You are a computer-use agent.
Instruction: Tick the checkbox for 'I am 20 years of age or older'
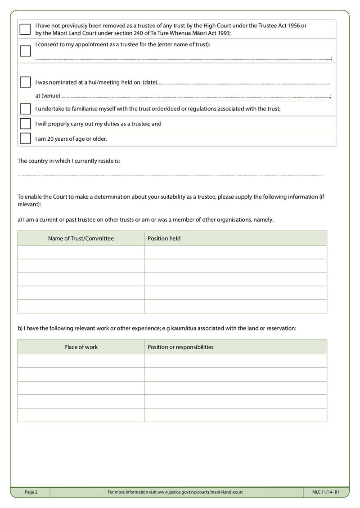25,138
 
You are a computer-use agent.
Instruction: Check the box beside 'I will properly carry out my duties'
25,124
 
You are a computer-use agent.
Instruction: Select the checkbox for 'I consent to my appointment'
25,51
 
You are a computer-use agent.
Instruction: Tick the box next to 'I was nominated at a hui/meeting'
25,82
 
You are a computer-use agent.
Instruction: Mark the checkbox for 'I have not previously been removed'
25,29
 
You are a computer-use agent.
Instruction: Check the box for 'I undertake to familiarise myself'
25,109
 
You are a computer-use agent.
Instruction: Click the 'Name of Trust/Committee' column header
81,238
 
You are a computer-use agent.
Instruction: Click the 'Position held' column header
164,238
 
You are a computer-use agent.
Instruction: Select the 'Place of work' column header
81,347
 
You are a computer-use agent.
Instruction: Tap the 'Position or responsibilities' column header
180,347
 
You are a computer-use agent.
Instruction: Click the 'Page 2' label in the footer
31,492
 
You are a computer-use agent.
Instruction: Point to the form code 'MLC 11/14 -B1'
325,492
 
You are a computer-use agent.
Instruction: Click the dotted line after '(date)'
243,84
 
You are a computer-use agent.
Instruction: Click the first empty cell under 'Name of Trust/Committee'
81,252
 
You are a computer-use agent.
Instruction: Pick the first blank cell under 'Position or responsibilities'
235,361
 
